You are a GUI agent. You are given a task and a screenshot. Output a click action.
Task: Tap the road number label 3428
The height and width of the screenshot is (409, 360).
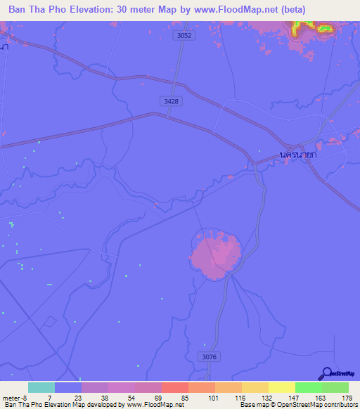pos(171,101)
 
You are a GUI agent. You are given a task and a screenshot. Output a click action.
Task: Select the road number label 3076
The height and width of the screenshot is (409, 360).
pos(209,357)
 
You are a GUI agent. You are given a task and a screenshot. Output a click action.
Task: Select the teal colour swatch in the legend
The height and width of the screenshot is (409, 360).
pos(41,387)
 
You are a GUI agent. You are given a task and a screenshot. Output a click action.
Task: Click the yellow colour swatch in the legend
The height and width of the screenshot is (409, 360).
pos(281,387)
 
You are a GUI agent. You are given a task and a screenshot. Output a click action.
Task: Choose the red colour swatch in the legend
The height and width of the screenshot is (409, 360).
pos(174,387)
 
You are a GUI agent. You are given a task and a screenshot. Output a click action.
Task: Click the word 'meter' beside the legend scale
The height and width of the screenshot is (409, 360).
pos(12,398)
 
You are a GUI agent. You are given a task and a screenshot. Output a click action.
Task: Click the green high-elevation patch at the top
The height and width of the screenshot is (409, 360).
pos(324,28)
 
